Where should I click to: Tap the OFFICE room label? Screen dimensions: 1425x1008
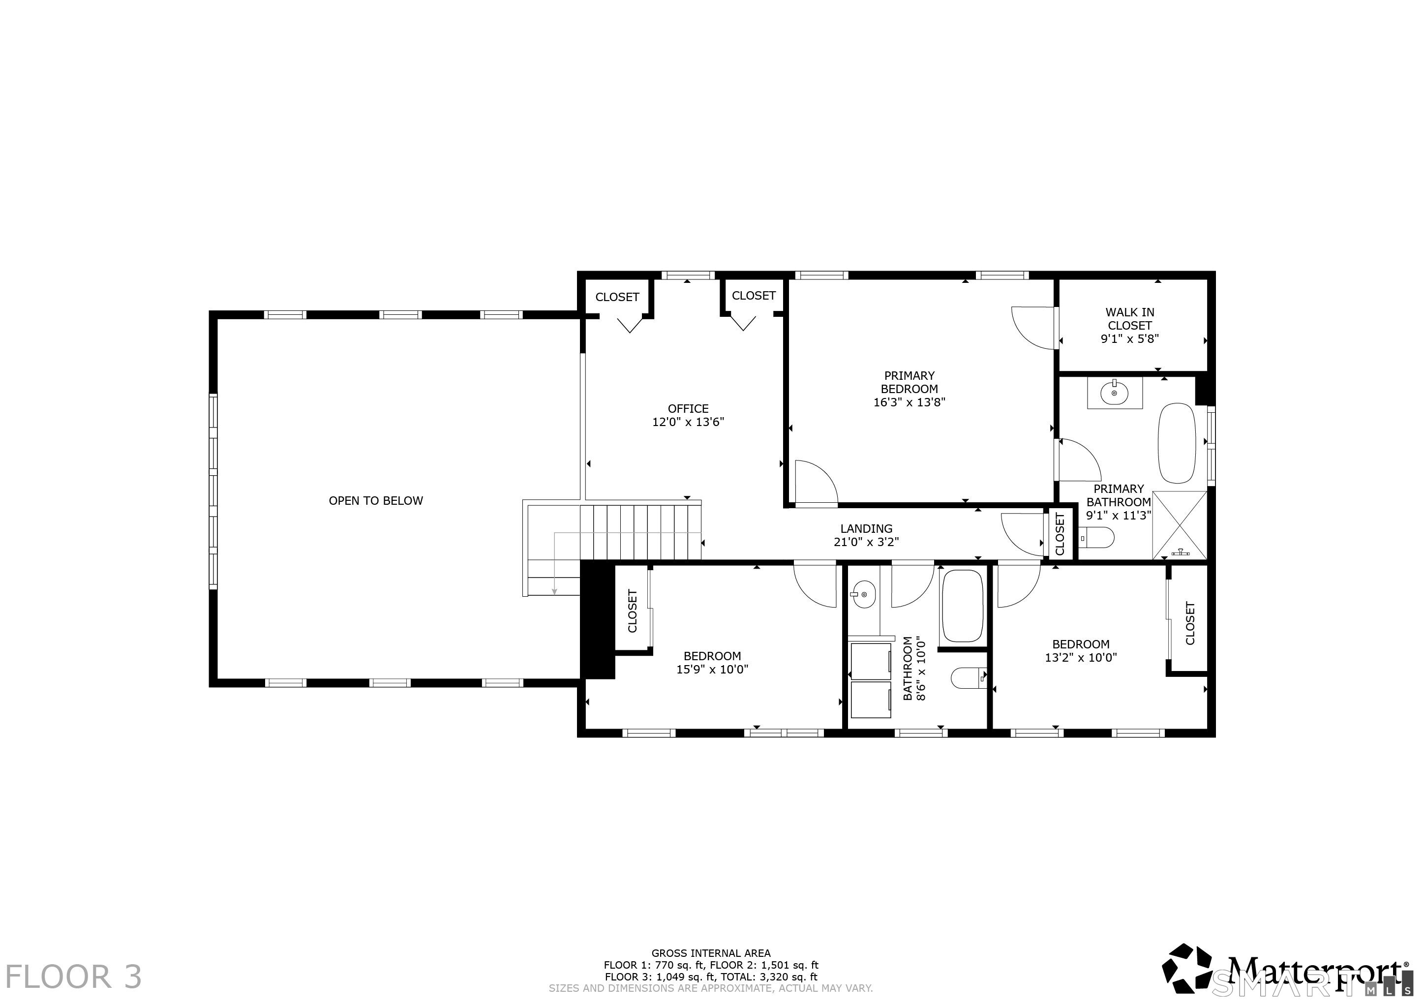pyautogui.click(x=688, y=409)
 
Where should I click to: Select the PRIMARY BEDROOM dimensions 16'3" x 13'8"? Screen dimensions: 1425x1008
pyautogui.click(x=909, y=402)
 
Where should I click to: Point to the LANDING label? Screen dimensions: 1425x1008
pyautogui.click(x=866, y=529)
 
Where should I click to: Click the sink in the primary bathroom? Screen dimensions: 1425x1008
pyautogui.click(x=1115, y=393)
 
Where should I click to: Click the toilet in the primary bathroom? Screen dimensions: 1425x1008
pyautogui.click(x=1097, y=537)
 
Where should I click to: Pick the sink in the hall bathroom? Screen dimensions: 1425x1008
pyautogui.click(x=863, y=595)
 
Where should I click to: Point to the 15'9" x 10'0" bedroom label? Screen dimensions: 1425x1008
pyautogui.click(x=712, y=663)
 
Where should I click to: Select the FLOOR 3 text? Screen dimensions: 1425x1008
pyautogui.click(x=74, y=977)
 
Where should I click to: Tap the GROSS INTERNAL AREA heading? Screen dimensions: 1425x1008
pyautogui.click(x=711, y=953)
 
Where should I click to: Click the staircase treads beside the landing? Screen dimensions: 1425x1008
pyautogui.click(x=640, y=532)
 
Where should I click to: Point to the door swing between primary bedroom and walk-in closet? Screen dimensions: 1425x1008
pyautogui.click(x=1033, y=327)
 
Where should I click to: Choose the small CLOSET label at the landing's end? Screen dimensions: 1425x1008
pyautogui.click(x=1060, y=534)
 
